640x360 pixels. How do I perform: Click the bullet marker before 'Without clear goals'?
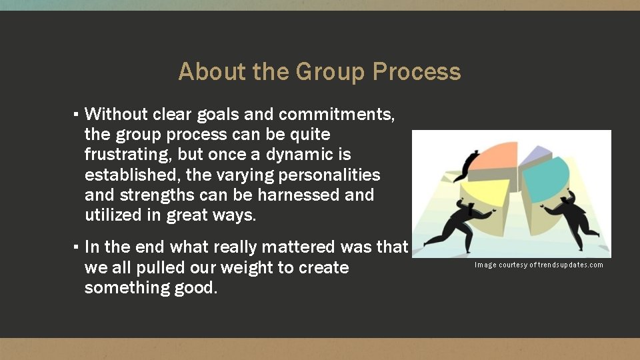pos(77,114)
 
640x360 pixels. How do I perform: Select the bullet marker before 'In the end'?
pos(77,247)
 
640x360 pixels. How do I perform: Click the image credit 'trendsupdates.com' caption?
pos(539,265)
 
